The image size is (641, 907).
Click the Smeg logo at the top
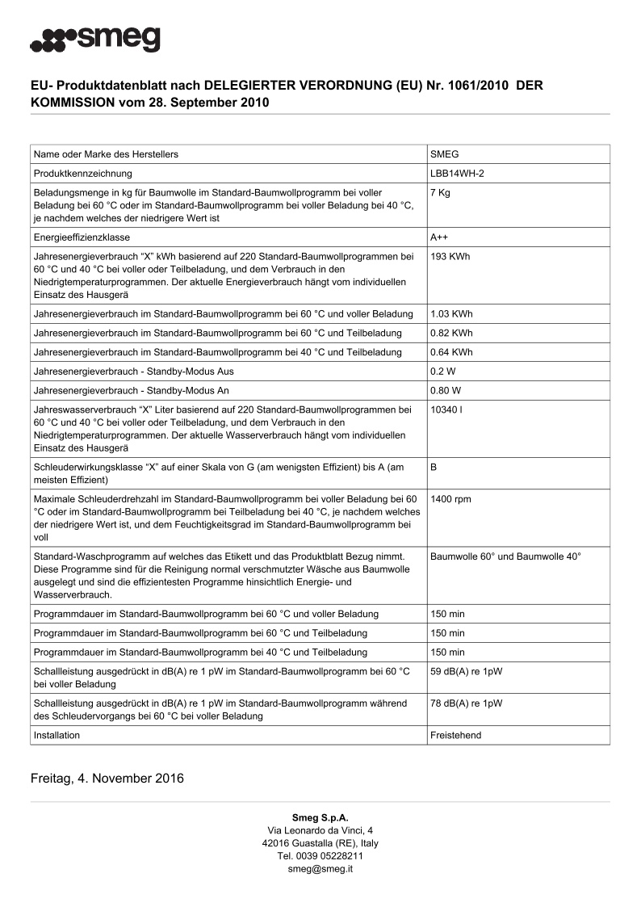[x=95, y=38]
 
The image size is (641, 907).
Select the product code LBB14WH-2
[x=457, y=174]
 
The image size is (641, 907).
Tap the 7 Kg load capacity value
[x=441, y=193]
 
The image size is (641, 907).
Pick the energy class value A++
[x=440, y=237]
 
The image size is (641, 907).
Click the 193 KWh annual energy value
[x=450, y=257]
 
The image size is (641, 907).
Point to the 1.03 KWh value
[x=452, y=313]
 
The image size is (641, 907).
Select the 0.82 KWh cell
[x=452, y=333]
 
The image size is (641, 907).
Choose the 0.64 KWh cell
[x=452, y=352]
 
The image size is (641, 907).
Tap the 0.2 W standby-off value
[x=445, y=372]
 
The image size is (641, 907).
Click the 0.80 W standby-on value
[x=447, y=391]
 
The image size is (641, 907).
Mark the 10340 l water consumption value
[x=446, y=409]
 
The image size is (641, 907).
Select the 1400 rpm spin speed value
[x=450, y=499]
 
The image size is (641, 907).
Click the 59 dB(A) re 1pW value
[x=466, y=672]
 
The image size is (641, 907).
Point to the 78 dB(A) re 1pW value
[x=466, y=703]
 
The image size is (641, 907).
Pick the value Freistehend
[x=457, y=736]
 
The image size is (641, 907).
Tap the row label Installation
[x=57, y=736]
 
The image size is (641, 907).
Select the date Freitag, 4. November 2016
[x=107, y=779]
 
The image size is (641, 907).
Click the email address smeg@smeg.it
[x=320, y=869]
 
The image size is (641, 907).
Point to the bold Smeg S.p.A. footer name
[x=320, y=818]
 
